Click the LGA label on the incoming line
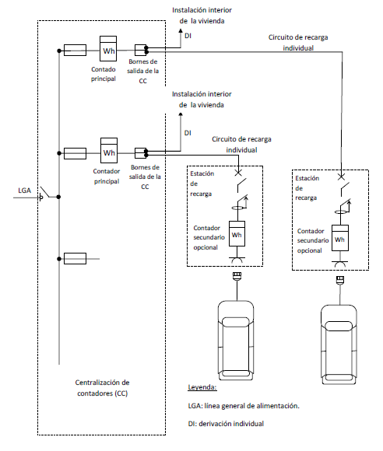click(24, 191)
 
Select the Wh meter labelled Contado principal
click(108, 49)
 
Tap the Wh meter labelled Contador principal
click(109, 150)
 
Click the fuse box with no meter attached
click(75, 259)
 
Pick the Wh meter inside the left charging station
click(237, 233)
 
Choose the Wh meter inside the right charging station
click(340, 238)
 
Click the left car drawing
click(236, 341)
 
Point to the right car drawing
click(339, 344)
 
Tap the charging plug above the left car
click(237, 276)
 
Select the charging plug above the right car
click(340, 280)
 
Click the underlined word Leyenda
click(202, 387)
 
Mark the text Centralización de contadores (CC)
click(102, 388)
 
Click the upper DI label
click(188, 36)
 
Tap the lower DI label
click(188, 133)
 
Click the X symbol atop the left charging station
click(238, 173)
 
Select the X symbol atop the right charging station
click(341, 177)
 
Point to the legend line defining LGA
click(244, 406)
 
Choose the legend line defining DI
click(226, 424)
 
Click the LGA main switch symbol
click(45, 194)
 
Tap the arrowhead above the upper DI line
click(181, 30)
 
